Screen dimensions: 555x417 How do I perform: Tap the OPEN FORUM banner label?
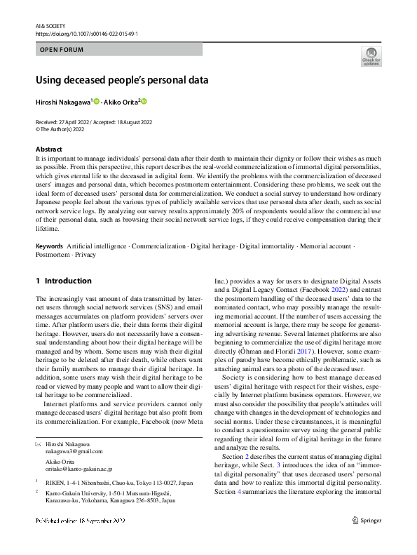(62, 50)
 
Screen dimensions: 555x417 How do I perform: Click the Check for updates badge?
(371, 56)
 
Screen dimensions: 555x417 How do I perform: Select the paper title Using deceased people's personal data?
(122, 80)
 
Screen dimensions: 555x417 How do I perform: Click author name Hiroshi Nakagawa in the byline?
(62, 102)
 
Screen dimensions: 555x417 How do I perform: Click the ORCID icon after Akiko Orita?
(144, 102)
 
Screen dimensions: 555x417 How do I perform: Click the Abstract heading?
(49, 149)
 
